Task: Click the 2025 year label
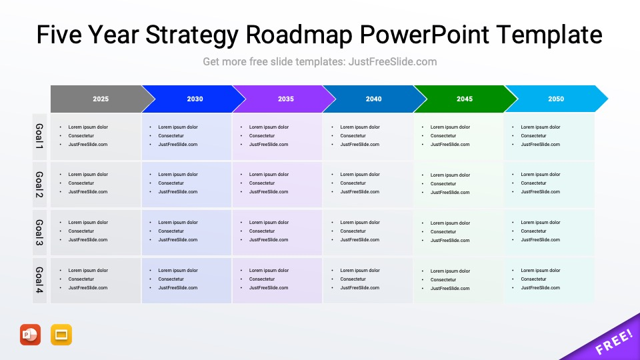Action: pos(101,99)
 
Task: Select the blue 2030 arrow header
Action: pos(195,99)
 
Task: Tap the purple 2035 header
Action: pos(285,99)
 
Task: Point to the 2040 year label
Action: pos(373,99)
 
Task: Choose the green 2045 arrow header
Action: pos(465,99)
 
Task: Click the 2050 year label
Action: pos(555,99)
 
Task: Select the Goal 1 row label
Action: pos(39,136)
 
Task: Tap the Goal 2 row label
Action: pos(39,184)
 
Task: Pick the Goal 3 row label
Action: pos(39,232)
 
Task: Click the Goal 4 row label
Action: pos(39,280)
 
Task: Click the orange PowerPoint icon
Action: pos(30,335)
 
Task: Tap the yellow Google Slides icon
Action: pos(61,335)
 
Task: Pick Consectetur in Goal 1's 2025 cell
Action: pos(81,136)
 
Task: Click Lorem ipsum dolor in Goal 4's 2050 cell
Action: pos(541,271)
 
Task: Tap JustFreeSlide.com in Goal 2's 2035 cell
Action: pos(269,192)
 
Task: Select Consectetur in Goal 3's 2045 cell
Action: pos(443,232)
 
